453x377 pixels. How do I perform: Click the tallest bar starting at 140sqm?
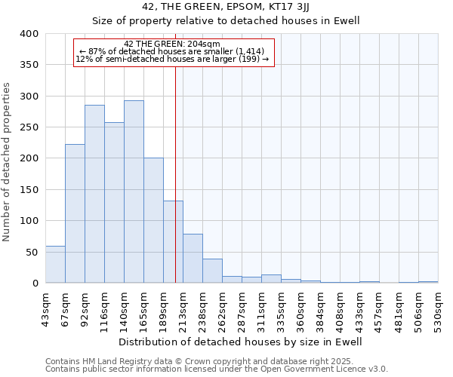[x=134, y=192]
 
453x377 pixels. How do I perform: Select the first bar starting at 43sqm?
[x=55, y=265]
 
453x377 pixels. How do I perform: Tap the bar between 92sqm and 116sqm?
[x=94, y=194]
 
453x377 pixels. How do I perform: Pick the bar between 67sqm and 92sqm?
[x=75, y=213]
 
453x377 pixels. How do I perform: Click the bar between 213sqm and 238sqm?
[x=193, y=259]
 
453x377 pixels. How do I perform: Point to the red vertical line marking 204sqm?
[x=175, y=166]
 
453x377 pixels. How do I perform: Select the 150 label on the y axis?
[x=29, y=190]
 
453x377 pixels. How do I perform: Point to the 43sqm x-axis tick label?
[x=45, y=308]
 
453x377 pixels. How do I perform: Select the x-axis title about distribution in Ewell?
[x=241, y=342]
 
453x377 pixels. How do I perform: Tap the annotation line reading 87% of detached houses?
[x=172, y=51]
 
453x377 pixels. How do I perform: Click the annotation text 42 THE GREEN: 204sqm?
[x=172, y=44]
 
